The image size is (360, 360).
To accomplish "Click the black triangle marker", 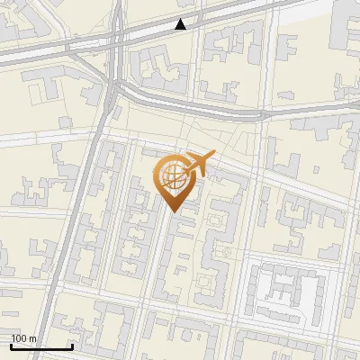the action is (x=181, y=24).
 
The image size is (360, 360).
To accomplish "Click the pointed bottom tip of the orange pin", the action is (x=174, y=211).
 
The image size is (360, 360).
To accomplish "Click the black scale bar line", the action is (x=40, y=346).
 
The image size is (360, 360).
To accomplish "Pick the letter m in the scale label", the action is (x=32, y=339).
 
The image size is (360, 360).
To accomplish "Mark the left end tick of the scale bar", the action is (x=10, y=345).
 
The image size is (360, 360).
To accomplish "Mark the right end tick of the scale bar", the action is (x=72, y=345).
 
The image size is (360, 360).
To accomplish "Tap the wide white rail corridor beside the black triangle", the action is (x=225, y=18).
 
